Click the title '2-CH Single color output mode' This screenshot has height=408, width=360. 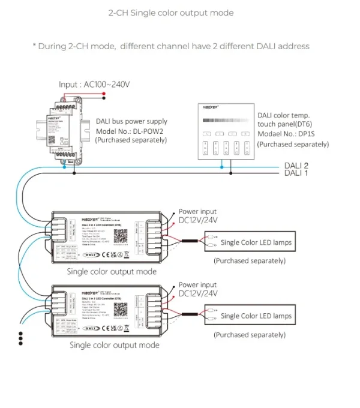click(170, 13)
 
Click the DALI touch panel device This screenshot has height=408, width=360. click(224, 130)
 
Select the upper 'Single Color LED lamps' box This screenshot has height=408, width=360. click(256, 242)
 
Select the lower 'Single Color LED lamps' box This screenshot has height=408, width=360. click(256, 316)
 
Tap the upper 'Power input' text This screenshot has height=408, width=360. click(198, 212)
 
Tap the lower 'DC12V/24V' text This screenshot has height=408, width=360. click(198, 294)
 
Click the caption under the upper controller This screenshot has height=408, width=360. click(112, 271)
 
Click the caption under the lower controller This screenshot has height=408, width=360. click(115, 345)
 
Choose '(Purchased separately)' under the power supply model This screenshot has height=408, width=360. click(131, 140)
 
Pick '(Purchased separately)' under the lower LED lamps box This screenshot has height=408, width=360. click(250, 335)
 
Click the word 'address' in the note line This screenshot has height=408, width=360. click(293, 46)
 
